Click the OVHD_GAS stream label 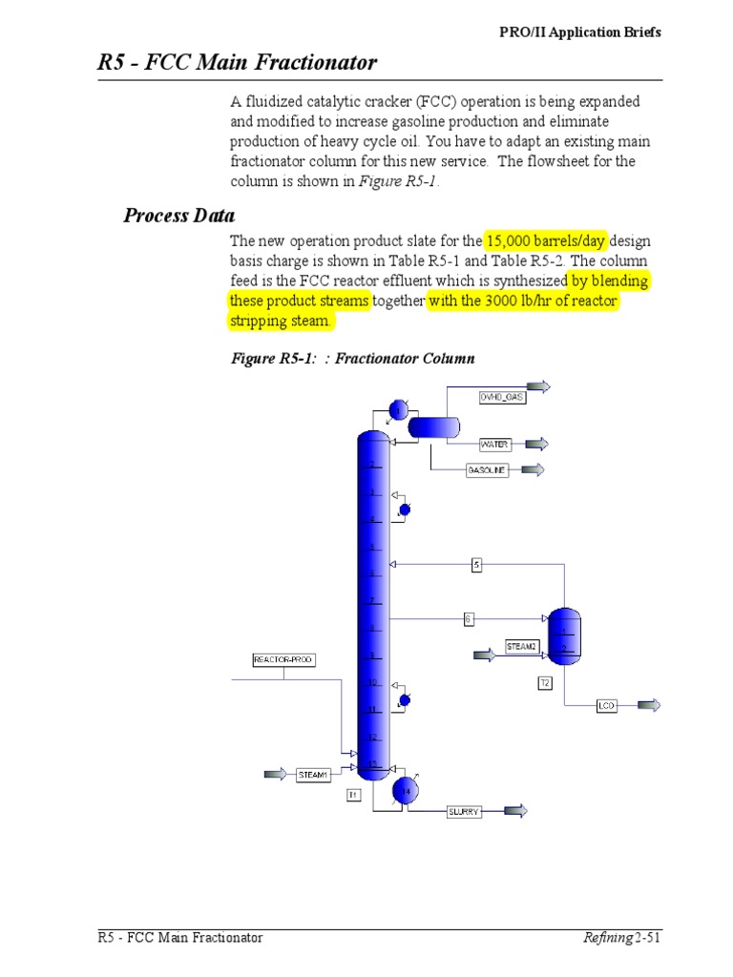[502, 396]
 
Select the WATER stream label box [495, 445]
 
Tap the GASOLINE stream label [487, 470]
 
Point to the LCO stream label [607, 706]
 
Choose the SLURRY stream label [464, 812]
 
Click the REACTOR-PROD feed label [283, 659]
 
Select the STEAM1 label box [313, 775]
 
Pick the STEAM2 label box [522, 647]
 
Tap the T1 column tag [353, 794]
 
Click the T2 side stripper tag [545, 682]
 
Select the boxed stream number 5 [477, 565]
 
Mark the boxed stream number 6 [469, 618]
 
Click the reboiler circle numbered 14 [406, 790]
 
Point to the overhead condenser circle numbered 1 [398, 410]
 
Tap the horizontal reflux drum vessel [434, 426]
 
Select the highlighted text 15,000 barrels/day [545, 240]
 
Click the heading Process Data [179, 215]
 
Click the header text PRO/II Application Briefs [580, 32]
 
